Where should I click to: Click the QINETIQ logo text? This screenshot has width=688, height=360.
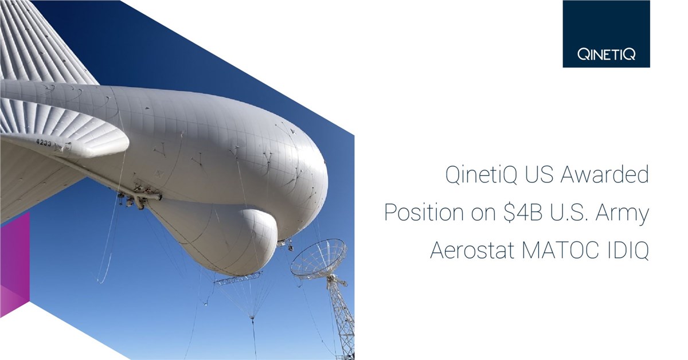point(606,54)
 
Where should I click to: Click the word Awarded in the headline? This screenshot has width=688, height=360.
point(605,174)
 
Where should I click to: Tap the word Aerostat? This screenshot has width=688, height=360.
point(472,251)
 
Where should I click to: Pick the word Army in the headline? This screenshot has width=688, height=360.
point(623,213)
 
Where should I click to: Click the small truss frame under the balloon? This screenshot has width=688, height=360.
point(239,277)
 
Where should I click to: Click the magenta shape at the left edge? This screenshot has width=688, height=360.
point(15,264)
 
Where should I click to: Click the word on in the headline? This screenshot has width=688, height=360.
point(483,214)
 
